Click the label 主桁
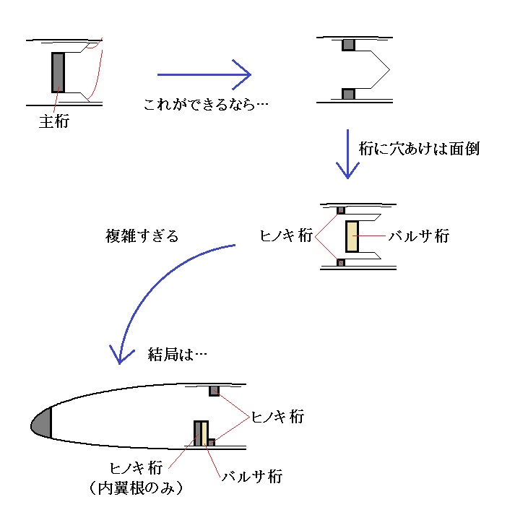(54, 121)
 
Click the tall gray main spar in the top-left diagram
(58, 72)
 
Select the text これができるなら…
(206, 105)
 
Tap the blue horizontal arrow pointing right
(204, 74)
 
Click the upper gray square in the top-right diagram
(349, 45)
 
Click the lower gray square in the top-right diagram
(349, 94)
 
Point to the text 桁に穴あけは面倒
(419, 149)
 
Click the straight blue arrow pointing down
(347, 154)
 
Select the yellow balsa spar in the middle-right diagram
(352, 236)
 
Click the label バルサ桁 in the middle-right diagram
(419, 235)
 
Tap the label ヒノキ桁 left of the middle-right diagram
(286, 235)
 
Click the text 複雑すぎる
(142, 235)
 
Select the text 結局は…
(177, 354)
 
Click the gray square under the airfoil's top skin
(214, 391)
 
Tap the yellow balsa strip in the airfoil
(204, 433)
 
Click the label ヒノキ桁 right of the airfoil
(278, 417)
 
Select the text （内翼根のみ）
(136, 488)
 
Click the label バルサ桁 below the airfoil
(252, 477)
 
